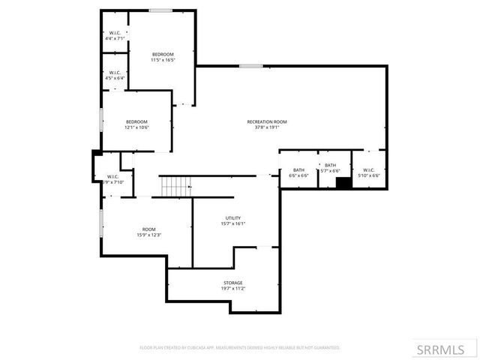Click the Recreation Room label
[267, 121]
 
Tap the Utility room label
[233, 217]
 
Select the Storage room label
[232, 283]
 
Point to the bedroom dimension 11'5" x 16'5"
[163, 60]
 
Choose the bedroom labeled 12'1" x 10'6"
[136, 124]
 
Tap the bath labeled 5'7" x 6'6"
[330, 168]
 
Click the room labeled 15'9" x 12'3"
[149, 232]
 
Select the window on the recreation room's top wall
[250, 66]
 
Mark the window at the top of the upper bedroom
[160, 10]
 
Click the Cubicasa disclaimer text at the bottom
[240, 348]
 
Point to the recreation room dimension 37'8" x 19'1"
[267, 127]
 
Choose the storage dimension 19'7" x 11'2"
[232, 289]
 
